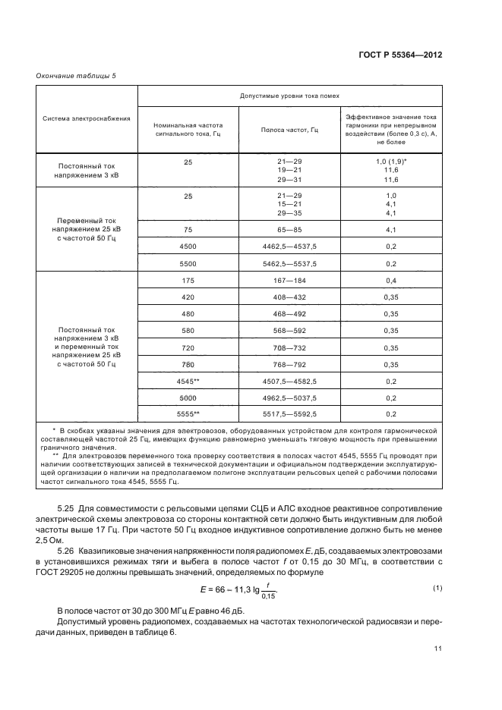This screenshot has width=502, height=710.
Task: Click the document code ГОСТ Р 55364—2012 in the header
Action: [399, 55]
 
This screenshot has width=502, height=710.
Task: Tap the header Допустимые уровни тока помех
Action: [289, 96]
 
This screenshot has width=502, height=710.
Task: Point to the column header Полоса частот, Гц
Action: [289, 130]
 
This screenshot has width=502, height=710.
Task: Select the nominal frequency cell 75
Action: [188, 229]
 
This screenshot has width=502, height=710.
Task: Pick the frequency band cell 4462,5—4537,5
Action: [289, 247]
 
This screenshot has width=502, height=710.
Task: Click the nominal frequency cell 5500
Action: [188, 263]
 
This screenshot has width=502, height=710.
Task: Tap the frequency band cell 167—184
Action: [289, 281]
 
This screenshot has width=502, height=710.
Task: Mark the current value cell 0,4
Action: [391, 281]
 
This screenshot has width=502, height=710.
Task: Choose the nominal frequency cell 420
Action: [188, 297]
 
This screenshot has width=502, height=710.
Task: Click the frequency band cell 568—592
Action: [289, 331]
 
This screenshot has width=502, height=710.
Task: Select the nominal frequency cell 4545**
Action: [188, 381]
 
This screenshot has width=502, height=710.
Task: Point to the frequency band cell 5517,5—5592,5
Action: [289, 414]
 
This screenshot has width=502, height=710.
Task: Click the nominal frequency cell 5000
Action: [188, 397]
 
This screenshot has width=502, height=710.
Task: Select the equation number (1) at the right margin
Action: [437, 567]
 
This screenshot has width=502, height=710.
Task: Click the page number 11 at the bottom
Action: [437, 648]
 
